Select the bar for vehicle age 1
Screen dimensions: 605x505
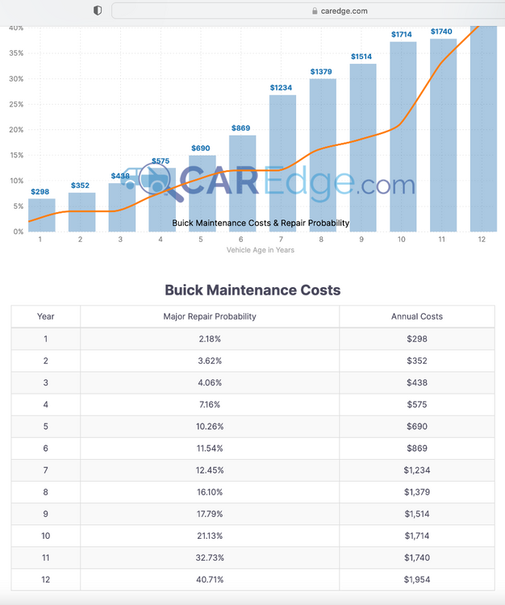pos(42,215)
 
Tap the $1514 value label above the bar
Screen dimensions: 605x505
pos(362,56)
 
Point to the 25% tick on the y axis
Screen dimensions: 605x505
pos(16,104)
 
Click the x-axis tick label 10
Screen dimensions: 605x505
pos(402,240)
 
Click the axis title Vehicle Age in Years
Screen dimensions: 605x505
pos(261,250)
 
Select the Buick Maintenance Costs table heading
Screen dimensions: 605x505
pos(252,290)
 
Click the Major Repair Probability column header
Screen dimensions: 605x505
pos(210,316)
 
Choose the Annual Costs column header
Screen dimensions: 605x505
pos(416,316)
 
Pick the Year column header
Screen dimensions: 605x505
pos(46,316)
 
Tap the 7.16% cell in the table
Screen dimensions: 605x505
pos(210,404)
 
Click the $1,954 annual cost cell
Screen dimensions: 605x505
pos(416,579)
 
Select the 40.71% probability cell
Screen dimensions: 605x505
pos(210,579)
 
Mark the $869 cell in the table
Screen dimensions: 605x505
pos(416,448)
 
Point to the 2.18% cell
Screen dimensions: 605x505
pos(210,339)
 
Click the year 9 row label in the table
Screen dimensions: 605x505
pos(46,513)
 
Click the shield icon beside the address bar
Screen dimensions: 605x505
pos(98,10)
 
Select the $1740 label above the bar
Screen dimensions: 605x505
pos(441,31)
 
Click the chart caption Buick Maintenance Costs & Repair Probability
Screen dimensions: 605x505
pos(261,223)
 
